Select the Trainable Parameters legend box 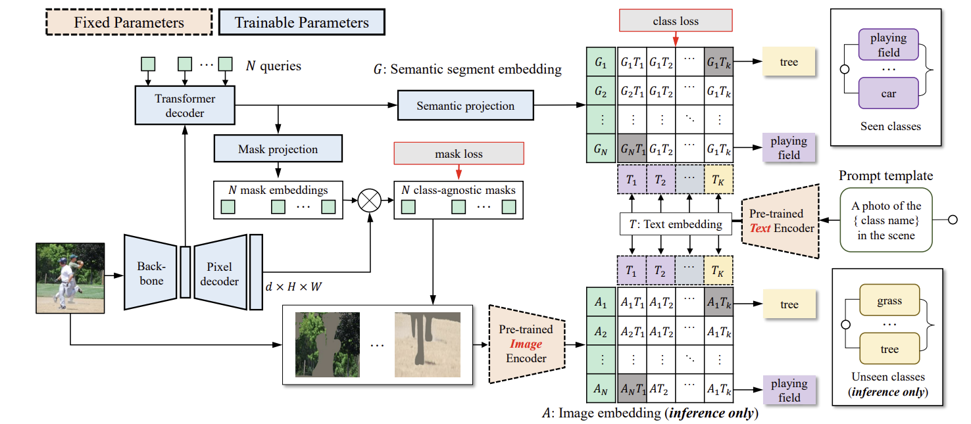coord(301,22)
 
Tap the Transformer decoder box coord(185,105)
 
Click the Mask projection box coord(278,149)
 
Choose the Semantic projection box coord(465,105)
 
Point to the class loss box coord(675,21)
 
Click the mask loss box coord(459,154)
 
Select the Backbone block coord(150,271)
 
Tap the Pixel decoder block coord(220,271)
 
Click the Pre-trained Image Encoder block coord(527,343)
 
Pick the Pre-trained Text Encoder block coord(778,221)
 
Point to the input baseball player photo coord(70,276)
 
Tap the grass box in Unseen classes coord(889,301)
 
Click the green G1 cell coord(600,62)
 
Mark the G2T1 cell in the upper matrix coord(632,92)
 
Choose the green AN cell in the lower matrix coord(600,389)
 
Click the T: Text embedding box coord(676,224)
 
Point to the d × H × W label coord(293,287)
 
